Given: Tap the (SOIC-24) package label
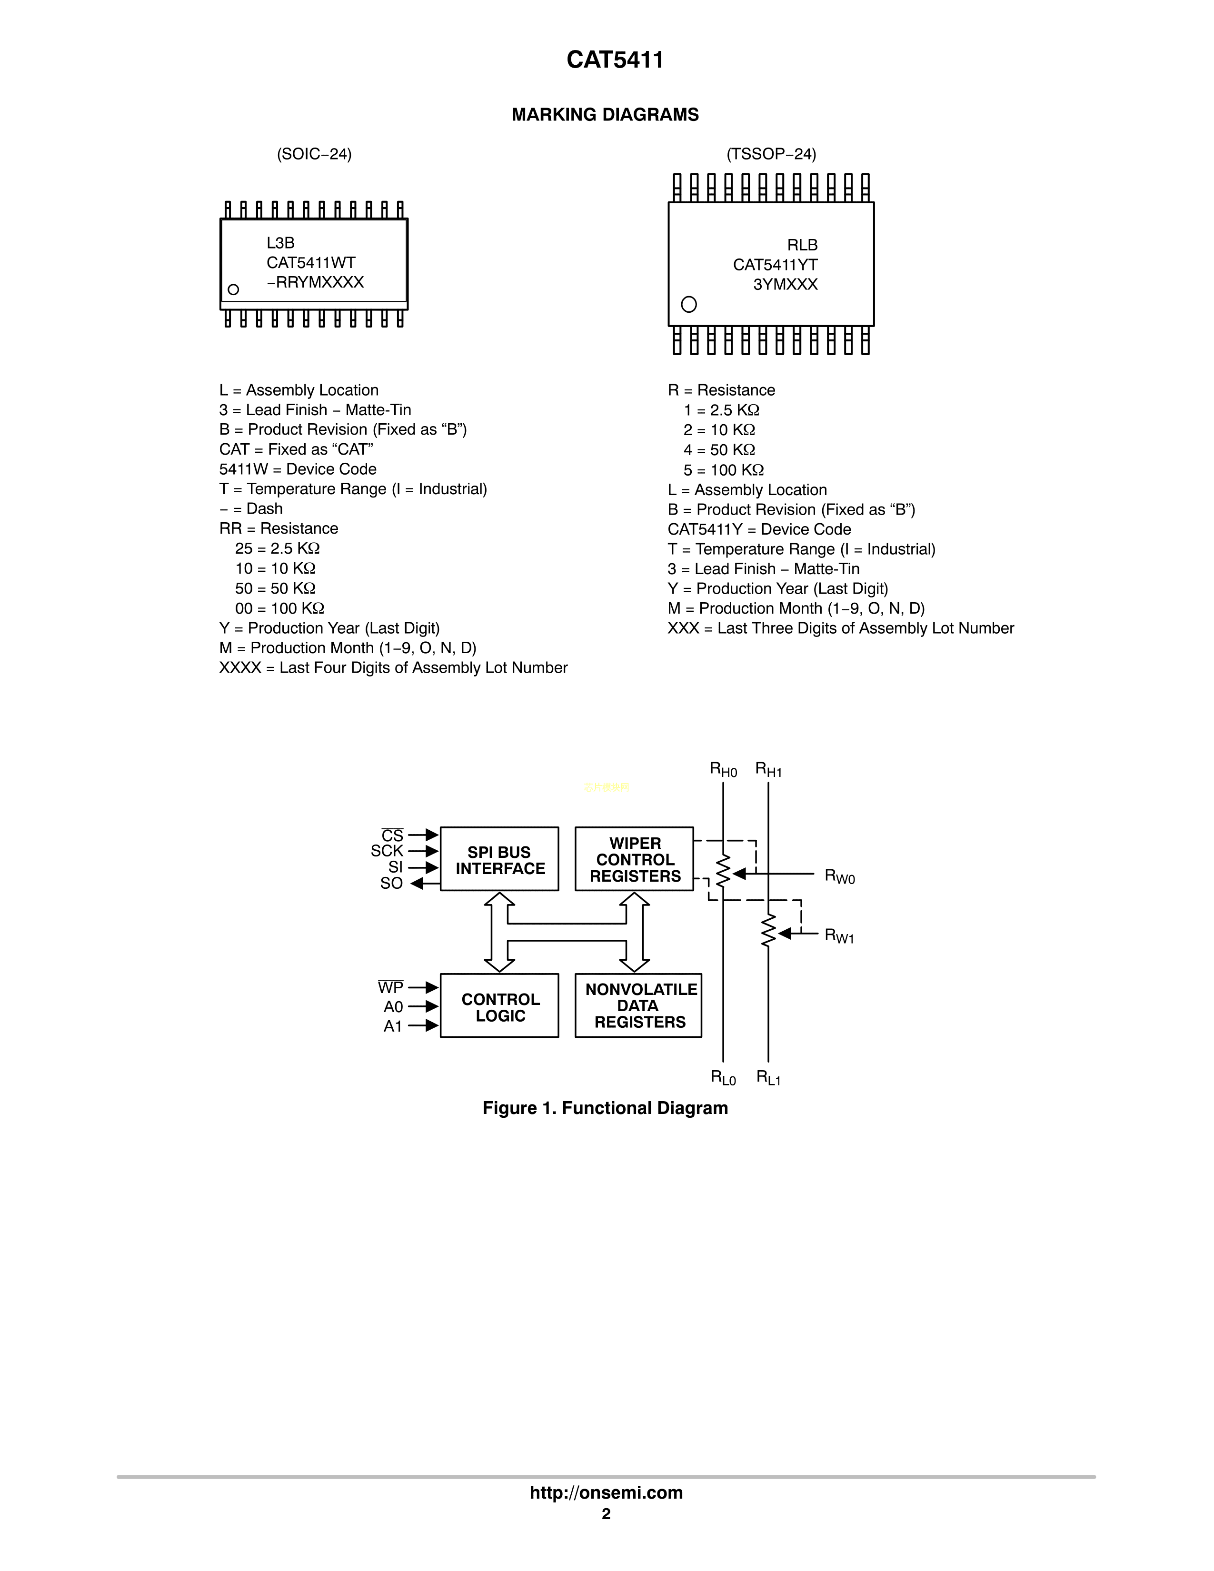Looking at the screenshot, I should [314, 154].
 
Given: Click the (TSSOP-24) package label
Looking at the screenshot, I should [771, 154].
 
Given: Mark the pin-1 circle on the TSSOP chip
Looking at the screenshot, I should [688, 304].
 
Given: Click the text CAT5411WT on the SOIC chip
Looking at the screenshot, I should [311, 263].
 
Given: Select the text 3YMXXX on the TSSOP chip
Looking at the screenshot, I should [786, 285].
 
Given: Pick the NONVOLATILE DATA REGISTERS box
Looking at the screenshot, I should [638, 1005].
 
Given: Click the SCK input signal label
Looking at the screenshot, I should [387, 851].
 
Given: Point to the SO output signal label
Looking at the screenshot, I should [391, 883].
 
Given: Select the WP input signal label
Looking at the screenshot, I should [390, 988].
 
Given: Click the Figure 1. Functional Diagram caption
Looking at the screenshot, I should [605, 1108].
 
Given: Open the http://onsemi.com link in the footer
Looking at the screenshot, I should [606, 1492].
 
